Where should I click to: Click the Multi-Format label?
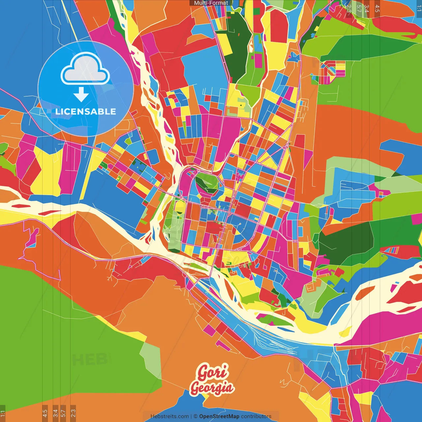point(211,3)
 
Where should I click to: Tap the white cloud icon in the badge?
point(85,70)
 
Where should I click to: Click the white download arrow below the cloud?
point(81,95)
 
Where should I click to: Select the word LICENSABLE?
point(86,111)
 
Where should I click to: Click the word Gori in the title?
point(213,372)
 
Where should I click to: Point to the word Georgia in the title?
point(212,388)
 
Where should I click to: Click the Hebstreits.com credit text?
point(169,416)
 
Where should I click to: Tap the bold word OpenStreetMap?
point(219,416)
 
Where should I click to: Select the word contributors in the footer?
point(256,416)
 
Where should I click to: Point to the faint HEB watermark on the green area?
point(90,359)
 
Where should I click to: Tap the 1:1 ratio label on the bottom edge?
point(3,413)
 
